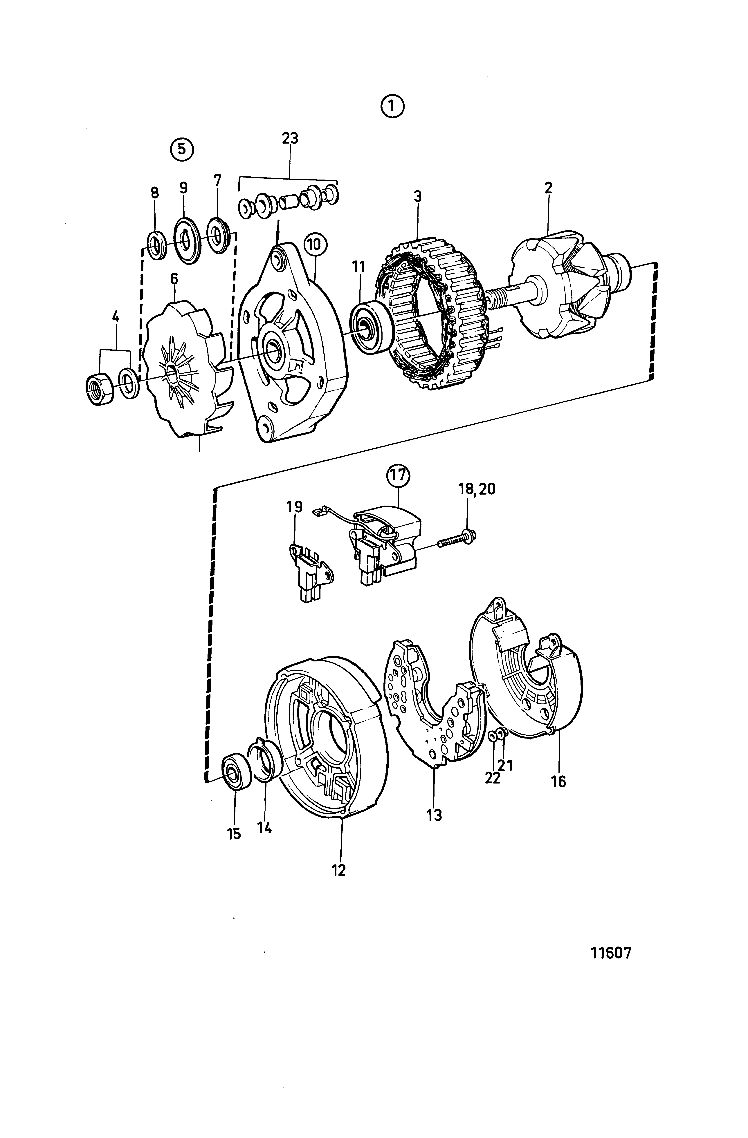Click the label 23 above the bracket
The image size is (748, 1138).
click(290, 138)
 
